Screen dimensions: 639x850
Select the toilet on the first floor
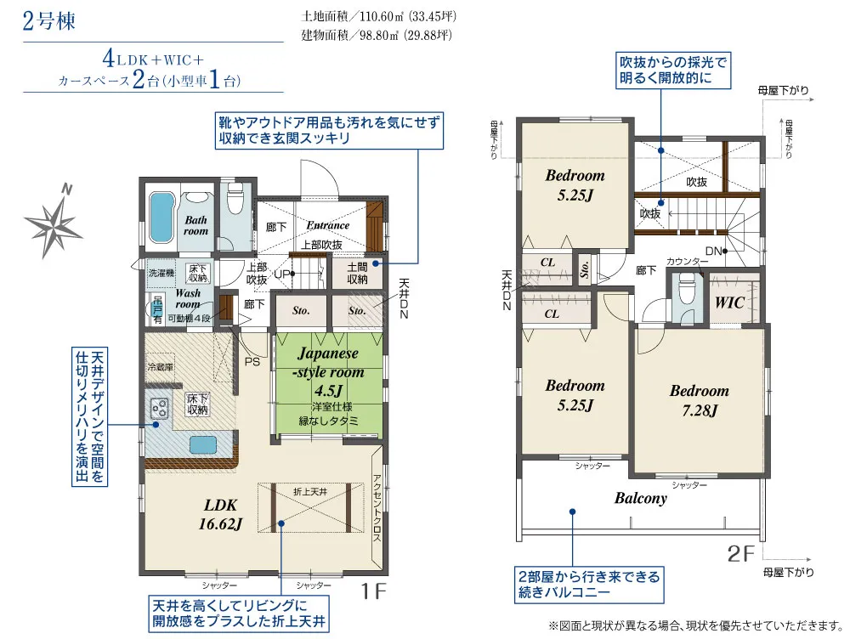[235, 202]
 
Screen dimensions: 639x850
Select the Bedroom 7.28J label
[699, 400]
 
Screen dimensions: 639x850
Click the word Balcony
[641, 499]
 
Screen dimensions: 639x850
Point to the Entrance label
[328, 225]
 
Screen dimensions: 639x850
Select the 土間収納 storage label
[357, 273]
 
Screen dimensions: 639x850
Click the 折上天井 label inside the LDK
[309, 492]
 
